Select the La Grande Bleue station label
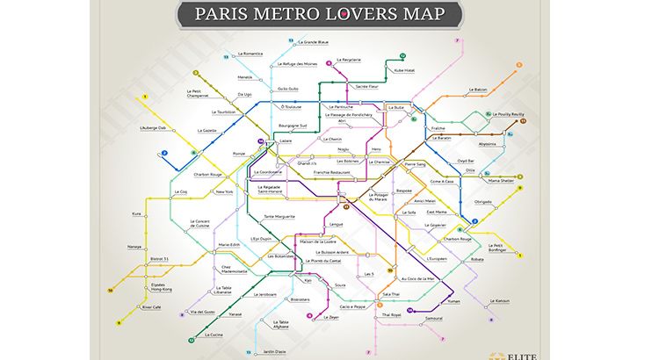coord(313,42)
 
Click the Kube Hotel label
coord(403,69)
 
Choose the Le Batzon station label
coord(502,89)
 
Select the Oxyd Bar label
coord(466,161)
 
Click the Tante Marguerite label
coord(280,215)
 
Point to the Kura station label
coord(137,213)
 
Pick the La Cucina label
coord(214,335)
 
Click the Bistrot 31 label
coord(160,259)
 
